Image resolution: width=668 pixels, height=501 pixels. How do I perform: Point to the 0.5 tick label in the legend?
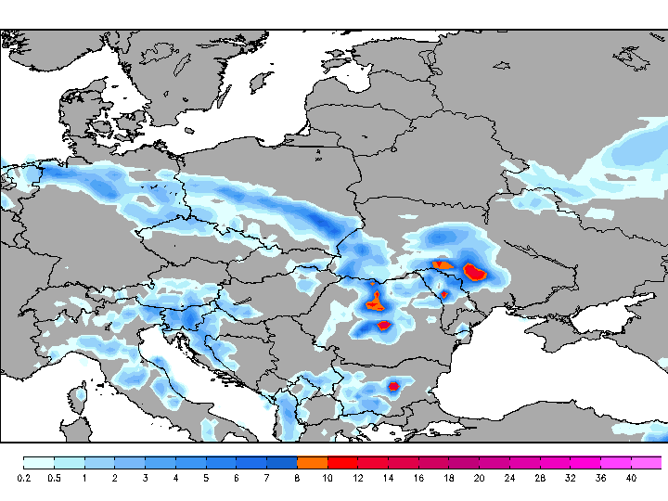(x=54, y=478)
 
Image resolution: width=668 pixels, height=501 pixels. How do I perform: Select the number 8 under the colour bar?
(x=297, y=478)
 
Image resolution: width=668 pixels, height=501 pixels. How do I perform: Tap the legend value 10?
(x=328, y=478)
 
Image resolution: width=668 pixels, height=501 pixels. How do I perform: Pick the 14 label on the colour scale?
(x=388, y=478)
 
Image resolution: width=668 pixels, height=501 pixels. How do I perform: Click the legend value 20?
(x=479, y=478)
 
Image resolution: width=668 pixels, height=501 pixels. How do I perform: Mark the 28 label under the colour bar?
(x=540, y=478)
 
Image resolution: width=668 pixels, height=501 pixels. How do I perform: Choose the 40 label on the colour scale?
(x=631, y=478)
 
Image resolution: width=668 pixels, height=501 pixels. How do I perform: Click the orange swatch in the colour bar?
(x=312, y=462)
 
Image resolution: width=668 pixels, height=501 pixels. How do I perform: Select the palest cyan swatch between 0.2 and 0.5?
(x=38, y=462)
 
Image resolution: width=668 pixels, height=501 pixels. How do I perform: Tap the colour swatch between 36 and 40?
(x=616, y=462)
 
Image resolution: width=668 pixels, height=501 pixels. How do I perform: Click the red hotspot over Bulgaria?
(x=393, y=385)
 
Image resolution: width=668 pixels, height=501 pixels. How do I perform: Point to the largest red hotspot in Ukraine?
(x=475, y=272)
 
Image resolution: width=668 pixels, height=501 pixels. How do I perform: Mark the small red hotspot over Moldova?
(x=444, y=294)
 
